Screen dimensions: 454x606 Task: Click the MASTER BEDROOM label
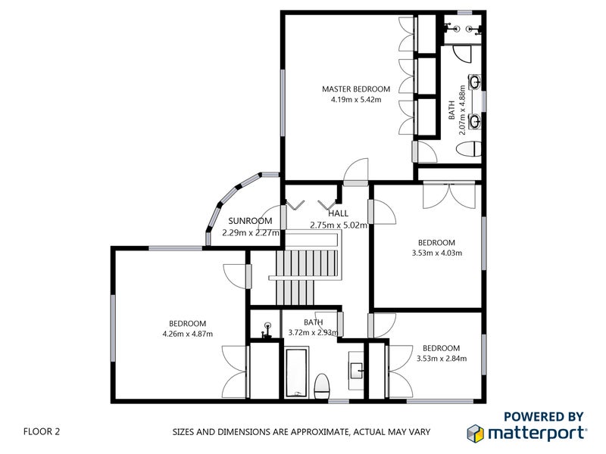(x=355, y=89)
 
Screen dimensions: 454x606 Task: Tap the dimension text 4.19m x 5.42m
(x=355, y=99)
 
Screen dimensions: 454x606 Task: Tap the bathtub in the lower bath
(x=296, y=372)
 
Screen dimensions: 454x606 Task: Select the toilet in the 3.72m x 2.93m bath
(x=321, y=384)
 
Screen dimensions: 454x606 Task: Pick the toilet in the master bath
(x=470, y=148)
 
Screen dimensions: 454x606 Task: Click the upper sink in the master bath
(x=475, y=81)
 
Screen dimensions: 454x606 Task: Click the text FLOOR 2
(x=42, y=432)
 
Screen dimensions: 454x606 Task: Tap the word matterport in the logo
(x=536, y=433)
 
